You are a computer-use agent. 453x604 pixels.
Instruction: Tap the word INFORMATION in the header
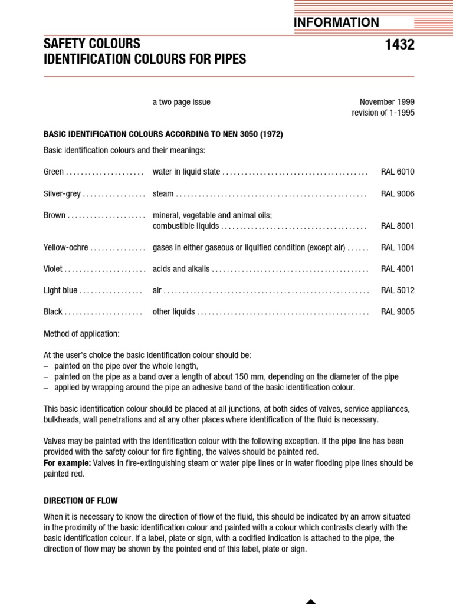click(336, 22)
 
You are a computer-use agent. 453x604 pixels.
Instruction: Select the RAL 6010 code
click(398, 172)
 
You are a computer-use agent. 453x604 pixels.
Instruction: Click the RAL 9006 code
click(398, 194)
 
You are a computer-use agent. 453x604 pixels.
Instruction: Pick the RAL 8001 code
click(398, 226)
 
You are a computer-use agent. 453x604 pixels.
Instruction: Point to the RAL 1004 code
click(398, 248)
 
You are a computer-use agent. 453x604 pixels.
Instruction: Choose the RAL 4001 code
click(398, 269)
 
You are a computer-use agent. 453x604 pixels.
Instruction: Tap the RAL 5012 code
click(398, 291)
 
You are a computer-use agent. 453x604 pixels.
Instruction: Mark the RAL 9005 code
click(398, 312)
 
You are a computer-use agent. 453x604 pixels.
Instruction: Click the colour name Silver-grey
click(62, 194)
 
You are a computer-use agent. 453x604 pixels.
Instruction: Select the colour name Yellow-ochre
click(66, 248)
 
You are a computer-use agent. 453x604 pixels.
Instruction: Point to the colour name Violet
click(53, 269)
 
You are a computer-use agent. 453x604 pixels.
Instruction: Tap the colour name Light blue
click(61, 291)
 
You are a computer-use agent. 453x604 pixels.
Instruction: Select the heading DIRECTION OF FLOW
click(81, 501)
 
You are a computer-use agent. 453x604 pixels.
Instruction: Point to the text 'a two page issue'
click(181, 102)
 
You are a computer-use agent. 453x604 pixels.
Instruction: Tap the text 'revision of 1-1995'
click(383, 113)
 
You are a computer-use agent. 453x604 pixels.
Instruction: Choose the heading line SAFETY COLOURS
click(92, 44)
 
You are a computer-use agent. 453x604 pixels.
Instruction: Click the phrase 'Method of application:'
click(81, 334)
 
